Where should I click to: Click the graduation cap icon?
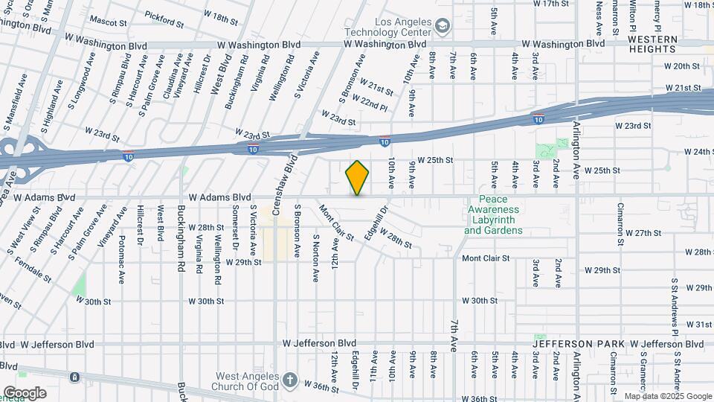[443, 28]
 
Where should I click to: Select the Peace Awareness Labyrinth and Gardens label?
[493, 215]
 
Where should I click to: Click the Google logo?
[25, 392]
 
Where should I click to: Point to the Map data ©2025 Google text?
[668, 396]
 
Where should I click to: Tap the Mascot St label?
[109, 20]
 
